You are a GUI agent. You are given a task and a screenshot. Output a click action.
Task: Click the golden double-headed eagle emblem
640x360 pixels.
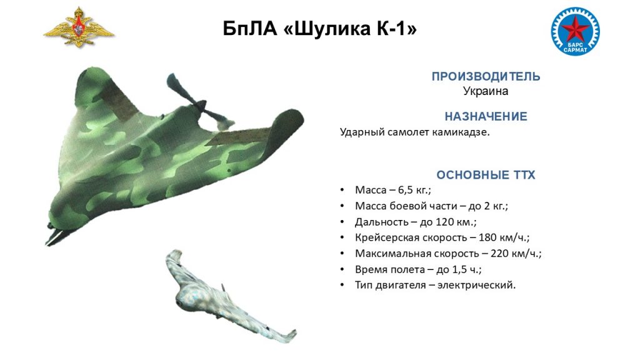click(78, 27)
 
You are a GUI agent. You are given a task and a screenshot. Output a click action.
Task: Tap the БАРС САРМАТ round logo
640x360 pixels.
click(575, 31)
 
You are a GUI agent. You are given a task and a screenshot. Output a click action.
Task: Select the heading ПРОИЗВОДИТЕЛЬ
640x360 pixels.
click(486, 76)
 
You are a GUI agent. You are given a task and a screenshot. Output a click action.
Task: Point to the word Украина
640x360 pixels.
click(486, 91)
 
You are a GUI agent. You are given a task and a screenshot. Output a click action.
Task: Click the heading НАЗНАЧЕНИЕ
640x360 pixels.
click(486, 116)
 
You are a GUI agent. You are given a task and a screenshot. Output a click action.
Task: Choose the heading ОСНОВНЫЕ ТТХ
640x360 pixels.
click(486, 175)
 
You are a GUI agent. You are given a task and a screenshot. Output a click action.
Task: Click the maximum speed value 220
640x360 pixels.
click(499, 254)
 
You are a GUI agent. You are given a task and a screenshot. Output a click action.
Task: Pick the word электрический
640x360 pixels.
click(476, 285)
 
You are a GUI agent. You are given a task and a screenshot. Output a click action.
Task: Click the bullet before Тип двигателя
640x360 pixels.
click(342, 285)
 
